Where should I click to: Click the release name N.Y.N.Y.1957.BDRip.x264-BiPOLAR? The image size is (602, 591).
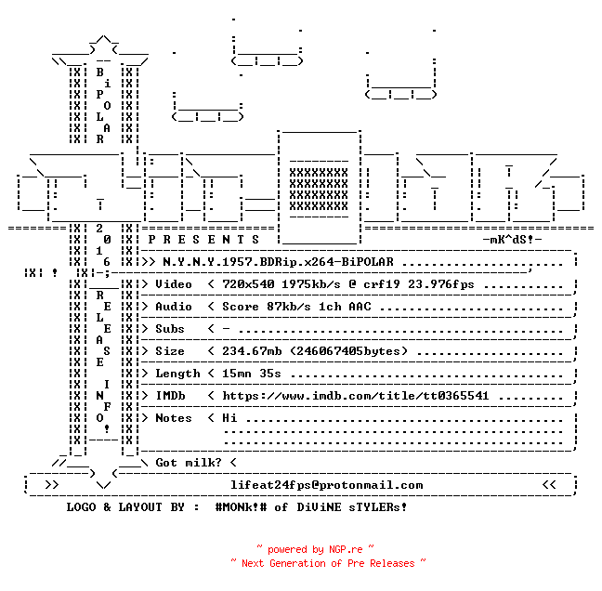[278, 262]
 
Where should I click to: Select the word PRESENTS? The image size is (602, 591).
[203, 240]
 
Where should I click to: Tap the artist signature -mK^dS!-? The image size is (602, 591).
[512, 240]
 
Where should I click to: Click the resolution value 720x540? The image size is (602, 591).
[248, 284]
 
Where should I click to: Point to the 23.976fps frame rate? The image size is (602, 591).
[441, 284]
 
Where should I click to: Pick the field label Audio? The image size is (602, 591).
[174, 307]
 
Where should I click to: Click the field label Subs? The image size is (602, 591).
[170, 329]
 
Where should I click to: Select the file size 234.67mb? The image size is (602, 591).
[252, 351]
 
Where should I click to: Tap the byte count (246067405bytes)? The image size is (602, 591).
[348, 351]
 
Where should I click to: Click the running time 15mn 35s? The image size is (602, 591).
[252, 374]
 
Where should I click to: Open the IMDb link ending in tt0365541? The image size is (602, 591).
[356, 396]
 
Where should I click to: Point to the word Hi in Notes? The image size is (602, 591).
[229, 418]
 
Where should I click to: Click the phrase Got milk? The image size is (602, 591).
[189, 463]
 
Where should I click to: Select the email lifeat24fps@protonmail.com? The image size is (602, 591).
[327, 485]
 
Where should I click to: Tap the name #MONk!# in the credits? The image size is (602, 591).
[241, 507]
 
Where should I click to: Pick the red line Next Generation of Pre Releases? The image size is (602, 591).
[328, 563]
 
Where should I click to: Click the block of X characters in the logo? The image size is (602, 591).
[319, 190]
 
